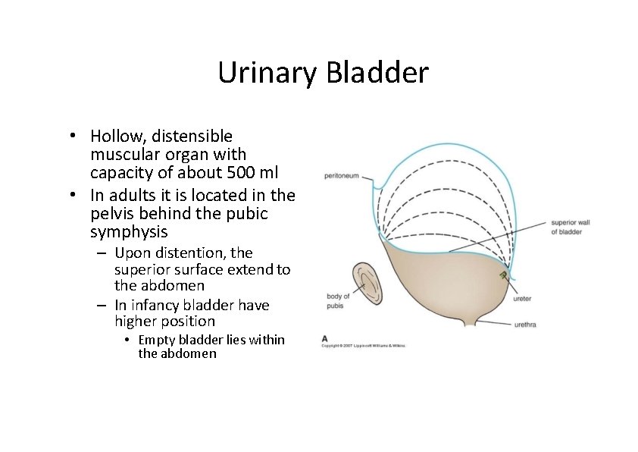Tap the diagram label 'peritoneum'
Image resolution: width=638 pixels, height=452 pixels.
341,176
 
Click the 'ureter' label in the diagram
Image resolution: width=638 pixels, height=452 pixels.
522,299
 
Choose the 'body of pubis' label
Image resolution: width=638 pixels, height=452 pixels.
338,301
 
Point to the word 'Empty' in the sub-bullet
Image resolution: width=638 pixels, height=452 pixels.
156,340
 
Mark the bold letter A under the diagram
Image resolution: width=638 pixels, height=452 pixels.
325,338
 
